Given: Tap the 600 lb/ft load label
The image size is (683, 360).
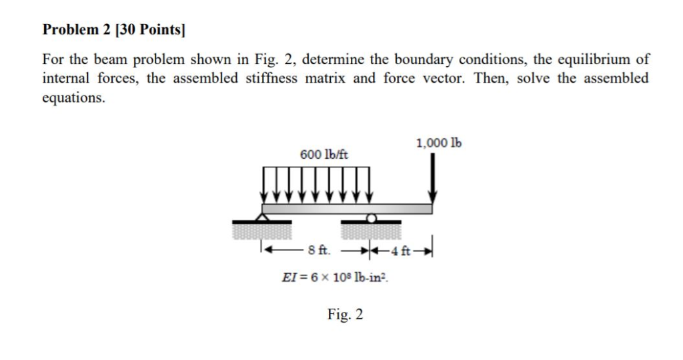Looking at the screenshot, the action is [323, 155].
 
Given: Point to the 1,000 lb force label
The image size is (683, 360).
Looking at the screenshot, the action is [439, 143].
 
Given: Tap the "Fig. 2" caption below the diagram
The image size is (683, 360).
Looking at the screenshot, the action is [345, 314].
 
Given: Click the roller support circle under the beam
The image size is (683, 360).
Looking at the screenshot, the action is [371, 217].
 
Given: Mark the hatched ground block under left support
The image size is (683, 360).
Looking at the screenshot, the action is [261, 231].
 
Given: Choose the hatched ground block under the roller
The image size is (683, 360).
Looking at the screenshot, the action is [371, 231].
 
